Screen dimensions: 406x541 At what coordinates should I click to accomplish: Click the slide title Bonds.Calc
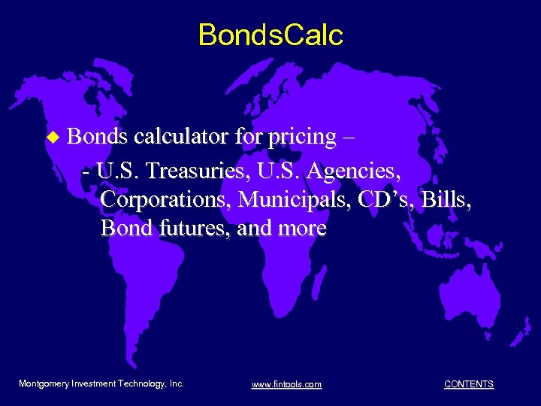[270, 35]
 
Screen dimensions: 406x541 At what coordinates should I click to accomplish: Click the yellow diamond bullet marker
[52, 138]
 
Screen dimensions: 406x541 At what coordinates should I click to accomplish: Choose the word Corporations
[166, 200]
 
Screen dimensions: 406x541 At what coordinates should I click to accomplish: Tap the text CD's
[394, 199]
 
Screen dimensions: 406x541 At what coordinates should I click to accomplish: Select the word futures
[193, 228]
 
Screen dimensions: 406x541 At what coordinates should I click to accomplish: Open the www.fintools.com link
[286, 384]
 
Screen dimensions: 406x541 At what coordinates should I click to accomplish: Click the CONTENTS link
[469, 384]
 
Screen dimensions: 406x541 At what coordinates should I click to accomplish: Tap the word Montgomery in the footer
[43, 383]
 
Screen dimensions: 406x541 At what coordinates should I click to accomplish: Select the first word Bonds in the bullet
[97, 137]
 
